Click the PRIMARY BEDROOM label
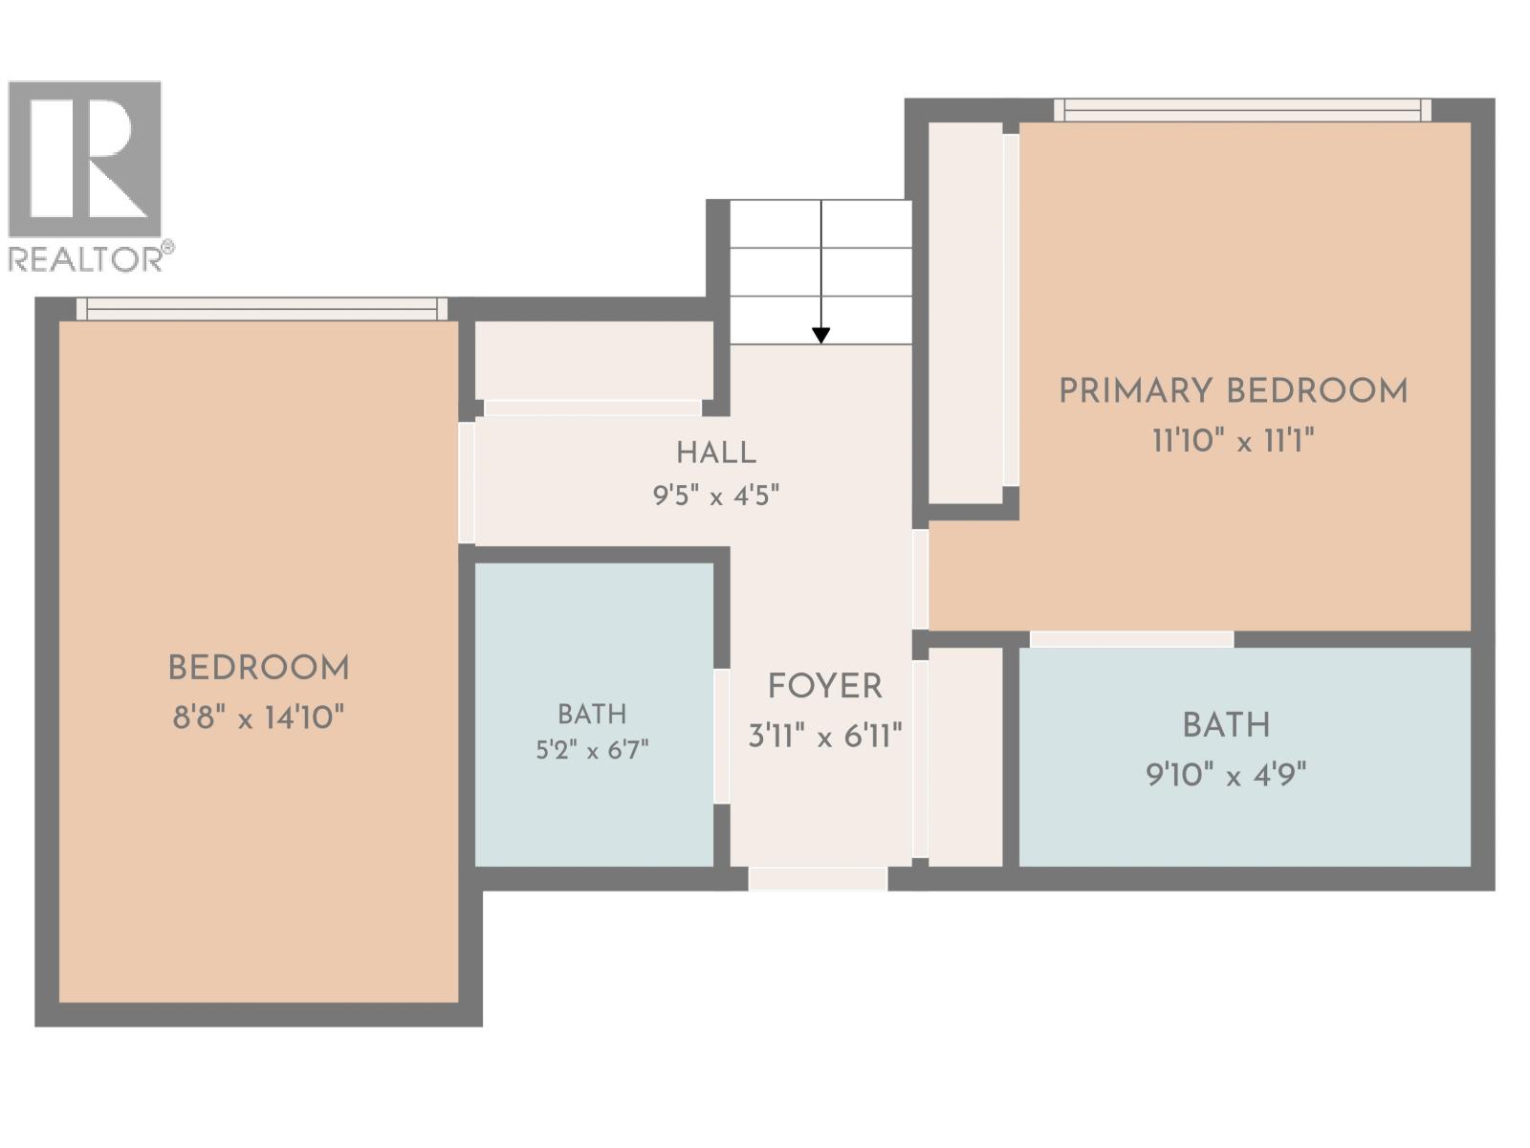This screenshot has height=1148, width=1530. coord(1233,390)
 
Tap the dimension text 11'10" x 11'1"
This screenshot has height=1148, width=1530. coord(1233,440)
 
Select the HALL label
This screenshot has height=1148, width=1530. coord(716,453)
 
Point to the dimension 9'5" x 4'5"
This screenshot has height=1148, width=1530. coord(716,497)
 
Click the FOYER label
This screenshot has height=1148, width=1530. coord(824,686)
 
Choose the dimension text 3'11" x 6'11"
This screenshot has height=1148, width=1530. coord(824,736)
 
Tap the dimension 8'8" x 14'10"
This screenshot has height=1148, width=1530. coord(258,717)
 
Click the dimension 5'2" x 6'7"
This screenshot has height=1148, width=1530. coord(592,750)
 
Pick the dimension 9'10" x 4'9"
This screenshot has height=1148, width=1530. coord(1226,774)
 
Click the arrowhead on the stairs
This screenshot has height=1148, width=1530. coord(821,335)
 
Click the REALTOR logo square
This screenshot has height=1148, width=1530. coord(84,158)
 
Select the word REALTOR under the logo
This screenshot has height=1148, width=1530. coord(85,259)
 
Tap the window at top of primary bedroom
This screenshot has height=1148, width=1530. coord(1242,110)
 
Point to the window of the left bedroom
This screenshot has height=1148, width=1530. coord(261,309)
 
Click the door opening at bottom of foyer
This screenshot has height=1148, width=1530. coord(818,878)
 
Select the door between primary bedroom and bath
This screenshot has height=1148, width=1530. coord(1132,639)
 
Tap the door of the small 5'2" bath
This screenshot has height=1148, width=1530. coord(722,736)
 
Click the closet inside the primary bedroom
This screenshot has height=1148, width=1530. coord(966,312)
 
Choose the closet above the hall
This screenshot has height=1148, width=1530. coord(594,361)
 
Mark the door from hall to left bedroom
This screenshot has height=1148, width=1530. coord(467,482)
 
